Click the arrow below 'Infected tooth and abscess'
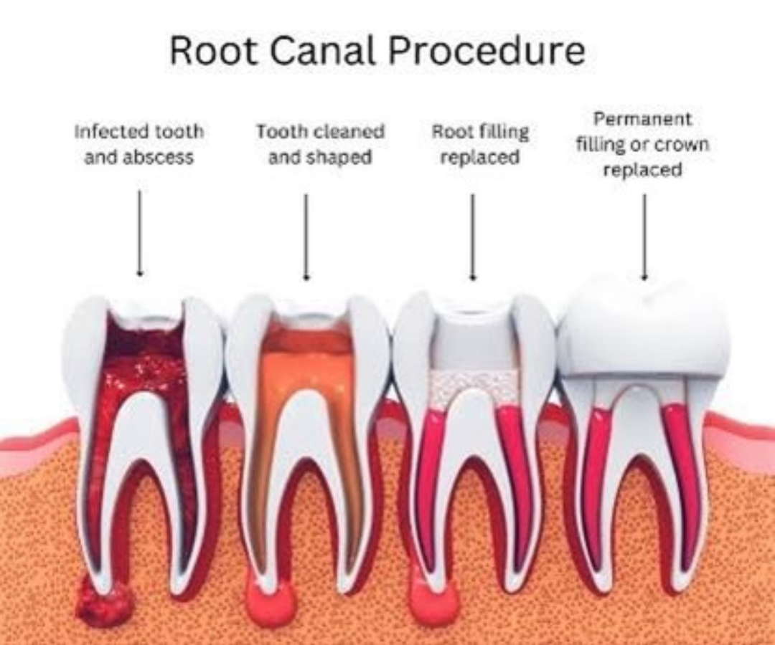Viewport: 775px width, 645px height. pyautogui.click(x=140, y=233)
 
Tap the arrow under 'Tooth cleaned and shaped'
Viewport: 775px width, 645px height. pyautogui.click(x=306, y=236)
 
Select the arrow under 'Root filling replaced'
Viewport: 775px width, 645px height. pyautogui.click(x=472, y=236)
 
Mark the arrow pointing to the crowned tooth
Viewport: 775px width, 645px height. pyautogui.click(x=644, y=236)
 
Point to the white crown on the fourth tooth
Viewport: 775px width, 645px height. pyautogui.click(x=643, y=326)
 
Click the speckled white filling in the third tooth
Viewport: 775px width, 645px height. pyautogui.click(x=474, y=387)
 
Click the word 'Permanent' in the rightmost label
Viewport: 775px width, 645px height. pyautogui.click(x=642, y=119)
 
